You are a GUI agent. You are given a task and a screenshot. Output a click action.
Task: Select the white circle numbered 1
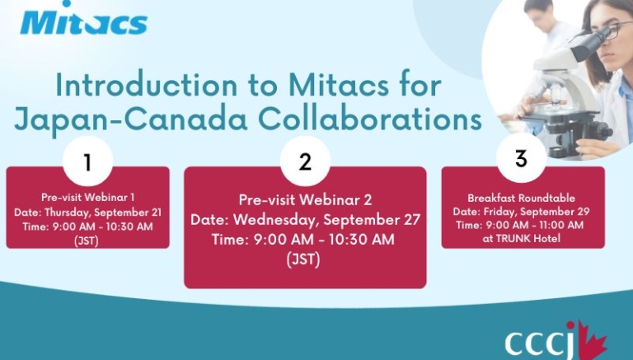tap(87, 161)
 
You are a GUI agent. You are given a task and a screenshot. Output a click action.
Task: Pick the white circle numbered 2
tap(305, 161)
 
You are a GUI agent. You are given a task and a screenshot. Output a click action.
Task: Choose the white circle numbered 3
tap(521, 158)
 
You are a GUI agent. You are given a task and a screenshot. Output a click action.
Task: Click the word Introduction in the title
tap(147, 85)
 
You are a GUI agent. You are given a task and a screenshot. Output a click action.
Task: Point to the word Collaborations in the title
tap(370, 119)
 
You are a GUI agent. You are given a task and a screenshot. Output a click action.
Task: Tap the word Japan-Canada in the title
tap(131, 120)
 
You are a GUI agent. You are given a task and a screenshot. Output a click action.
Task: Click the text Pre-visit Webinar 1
tap(87, 198)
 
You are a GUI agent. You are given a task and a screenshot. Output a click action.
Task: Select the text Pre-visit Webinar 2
tap(305, 200)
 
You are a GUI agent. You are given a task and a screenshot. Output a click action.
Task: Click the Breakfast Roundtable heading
tap(521, 198)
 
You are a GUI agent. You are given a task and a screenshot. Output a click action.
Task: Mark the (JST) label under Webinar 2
tap(303, 259)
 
